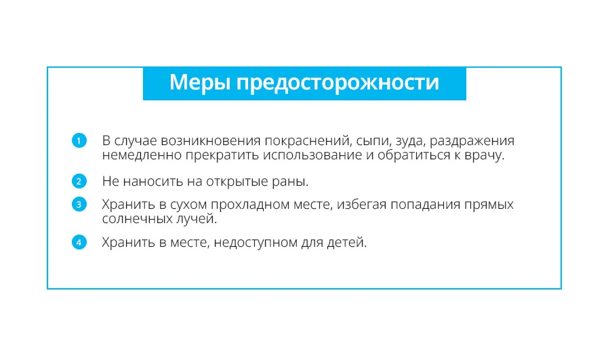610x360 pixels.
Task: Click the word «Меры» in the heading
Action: (x=200, y=83)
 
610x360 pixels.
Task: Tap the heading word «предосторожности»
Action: (x=338, y=83)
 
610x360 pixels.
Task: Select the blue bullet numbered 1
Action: (x=79, y=140)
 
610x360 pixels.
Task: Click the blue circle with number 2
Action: (x=79, y=181)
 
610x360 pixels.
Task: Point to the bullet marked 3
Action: (x=79, y=204)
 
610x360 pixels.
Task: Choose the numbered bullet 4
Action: (x=79, y=242)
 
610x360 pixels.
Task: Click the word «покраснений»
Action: (x=308, y=141)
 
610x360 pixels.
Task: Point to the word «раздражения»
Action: (x=472, y=142)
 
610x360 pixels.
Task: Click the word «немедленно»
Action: (x=142, y=155)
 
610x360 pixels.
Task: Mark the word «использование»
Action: (x=312, y=155)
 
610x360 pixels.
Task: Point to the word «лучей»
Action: (x=197, y=219)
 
